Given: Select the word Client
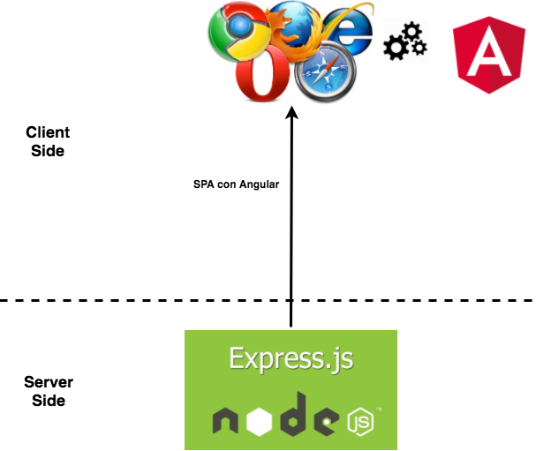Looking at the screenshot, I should pos(48,132).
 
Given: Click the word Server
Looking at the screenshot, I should pos(49,382).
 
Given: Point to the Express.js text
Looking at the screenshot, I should pos(291,358).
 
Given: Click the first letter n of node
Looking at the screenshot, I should pos(229,423).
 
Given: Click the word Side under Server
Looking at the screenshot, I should pos(49,401).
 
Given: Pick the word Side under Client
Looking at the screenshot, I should pos(48,151).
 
